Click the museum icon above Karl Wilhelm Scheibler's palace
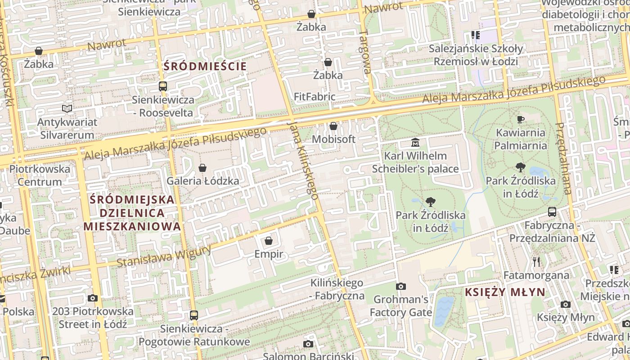point(415,143)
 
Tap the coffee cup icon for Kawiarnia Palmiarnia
point(521,119)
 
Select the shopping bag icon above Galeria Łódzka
point(202,168)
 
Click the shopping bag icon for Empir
point(269,241)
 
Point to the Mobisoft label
point(333,139)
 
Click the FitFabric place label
point(315,96)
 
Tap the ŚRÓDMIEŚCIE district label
point(205,66)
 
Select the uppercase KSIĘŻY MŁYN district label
point(505,292)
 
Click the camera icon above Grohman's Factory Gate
point(400,286)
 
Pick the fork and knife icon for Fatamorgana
point(536,261)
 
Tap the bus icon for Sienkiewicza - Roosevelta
point(163,86)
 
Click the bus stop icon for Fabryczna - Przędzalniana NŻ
point(552,211)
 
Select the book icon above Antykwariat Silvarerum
point(67,108)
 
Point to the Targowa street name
point(365,52)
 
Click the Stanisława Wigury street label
point(164,256)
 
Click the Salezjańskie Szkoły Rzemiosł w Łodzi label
point(476,55)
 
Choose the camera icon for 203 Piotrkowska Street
point(93,298)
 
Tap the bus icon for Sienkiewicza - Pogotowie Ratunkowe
point(193,315)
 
